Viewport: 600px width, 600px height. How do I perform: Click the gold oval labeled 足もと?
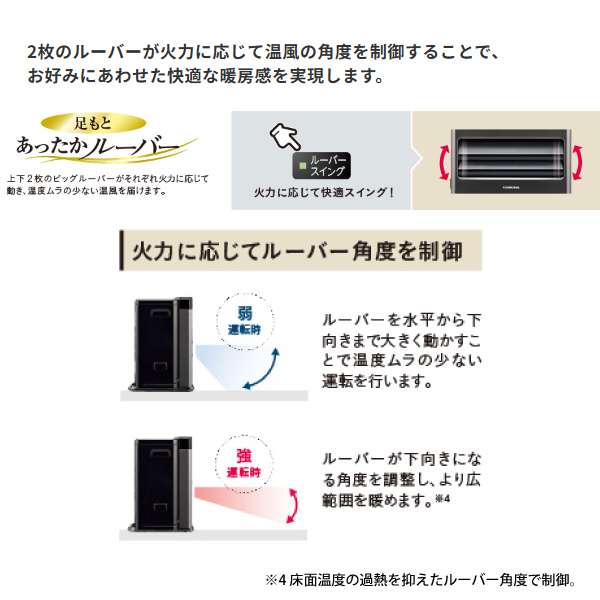coord(93,123)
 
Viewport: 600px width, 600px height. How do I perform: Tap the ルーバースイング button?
coord(321,166)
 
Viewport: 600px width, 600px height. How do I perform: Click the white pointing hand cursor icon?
coord(285,137)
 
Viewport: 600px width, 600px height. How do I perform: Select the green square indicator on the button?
coord(302,166)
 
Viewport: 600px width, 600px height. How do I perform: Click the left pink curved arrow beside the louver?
coord(442,163)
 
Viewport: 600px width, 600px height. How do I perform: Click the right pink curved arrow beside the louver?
coord(578,163)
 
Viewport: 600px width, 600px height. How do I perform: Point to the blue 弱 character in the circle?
coord(245,313)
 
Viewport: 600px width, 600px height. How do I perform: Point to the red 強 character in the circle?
coord(244,456)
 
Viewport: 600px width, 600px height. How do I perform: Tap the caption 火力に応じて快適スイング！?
coord(324,192)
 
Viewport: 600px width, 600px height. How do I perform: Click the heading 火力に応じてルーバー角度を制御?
coord(297,251)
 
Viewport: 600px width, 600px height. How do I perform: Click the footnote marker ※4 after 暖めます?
coord(442,499)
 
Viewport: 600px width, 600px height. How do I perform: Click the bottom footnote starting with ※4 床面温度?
coord(421,580)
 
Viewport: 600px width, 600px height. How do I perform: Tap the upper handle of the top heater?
coord(160,313)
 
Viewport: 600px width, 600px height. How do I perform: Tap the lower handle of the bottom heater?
coord(160,507)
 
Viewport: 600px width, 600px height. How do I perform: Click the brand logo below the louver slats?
coord(511,188)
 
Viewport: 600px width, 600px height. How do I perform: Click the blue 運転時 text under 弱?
coord(244,329)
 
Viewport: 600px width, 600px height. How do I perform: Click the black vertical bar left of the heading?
coord(122,251)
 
